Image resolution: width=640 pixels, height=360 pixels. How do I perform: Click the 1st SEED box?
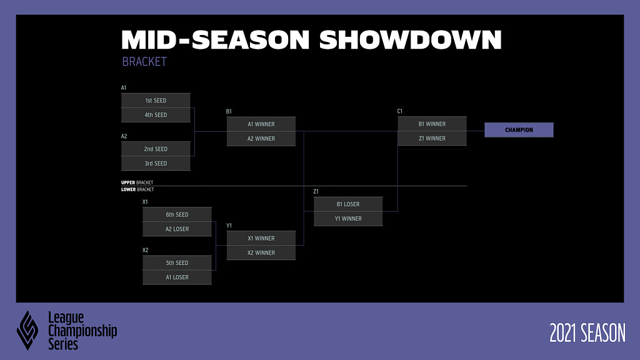coord(156,101)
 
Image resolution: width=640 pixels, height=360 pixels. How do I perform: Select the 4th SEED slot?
coord(156,115)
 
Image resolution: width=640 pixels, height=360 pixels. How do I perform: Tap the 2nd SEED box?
coord(156,149)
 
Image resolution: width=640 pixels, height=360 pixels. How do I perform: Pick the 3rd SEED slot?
coord(156,163)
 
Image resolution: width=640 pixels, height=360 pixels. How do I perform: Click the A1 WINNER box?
coord(261,124)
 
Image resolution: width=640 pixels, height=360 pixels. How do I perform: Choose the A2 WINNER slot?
coord(261,139)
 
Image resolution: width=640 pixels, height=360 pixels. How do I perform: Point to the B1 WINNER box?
coord(432,124)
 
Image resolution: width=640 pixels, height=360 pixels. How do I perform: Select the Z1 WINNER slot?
coord(432,138)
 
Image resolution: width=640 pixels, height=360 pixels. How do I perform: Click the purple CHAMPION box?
coord(519,130)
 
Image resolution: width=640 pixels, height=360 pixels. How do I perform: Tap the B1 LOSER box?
coord(348,204)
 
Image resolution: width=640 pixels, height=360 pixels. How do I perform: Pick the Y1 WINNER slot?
coord(348,219)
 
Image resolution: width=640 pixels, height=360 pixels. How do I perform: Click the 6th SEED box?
coord(177,215)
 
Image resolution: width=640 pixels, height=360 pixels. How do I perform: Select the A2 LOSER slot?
coord(177,229)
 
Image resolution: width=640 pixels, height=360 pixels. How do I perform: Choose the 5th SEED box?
coord(177,263)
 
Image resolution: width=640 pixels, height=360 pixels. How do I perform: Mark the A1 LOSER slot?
coord(177,277)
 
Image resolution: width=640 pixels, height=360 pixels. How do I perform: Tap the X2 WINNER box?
coord(261,252)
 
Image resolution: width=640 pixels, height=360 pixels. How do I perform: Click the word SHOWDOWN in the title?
coord(410,40)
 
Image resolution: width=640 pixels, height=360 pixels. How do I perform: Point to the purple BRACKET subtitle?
coord(144,62)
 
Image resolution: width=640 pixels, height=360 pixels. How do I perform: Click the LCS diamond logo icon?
coord(27,331)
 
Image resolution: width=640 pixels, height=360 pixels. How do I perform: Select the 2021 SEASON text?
coord(587,332)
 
